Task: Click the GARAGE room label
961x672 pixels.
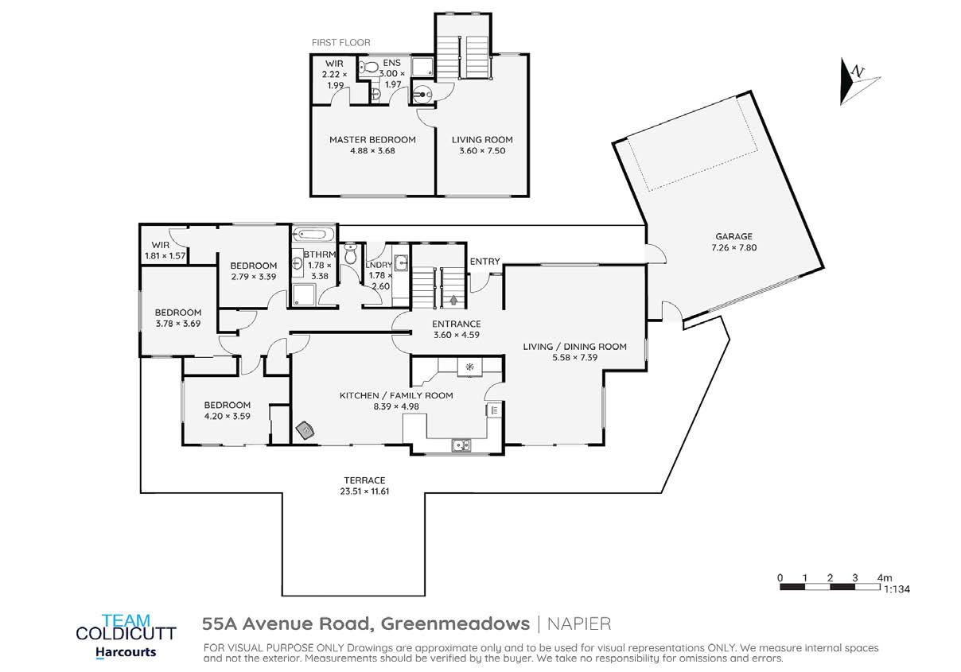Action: [733, 236]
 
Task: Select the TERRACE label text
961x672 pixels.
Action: [364, 480]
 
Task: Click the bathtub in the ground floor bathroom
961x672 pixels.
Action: [313, 234]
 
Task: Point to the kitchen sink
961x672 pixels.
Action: [461, 445]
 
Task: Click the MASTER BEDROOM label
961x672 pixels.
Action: [372, 140]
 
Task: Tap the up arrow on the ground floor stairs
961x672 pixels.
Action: [453, 300]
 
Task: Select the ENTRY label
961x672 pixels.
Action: [484, 261]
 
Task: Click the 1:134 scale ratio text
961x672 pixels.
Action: [897, 589]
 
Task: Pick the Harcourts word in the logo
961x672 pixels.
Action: [126, 652]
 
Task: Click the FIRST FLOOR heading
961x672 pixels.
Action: [340, 42]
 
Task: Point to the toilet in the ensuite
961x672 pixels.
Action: [368, 67]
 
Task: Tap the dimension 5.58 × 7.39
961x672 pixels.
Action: [574, 358]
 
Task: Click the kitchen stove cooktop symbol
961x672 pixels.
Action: [470, 367]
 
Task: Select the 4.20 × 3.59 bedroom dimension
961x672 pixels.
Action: [227, 416]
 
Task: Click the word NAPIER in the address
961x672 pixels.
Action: [579, 624]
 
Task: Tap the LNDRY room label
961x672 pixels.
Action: [379, 265]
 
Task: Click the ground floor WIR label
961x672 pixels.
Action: [161, 245]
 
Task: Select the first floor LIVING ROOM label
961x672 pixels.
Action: [482, 140]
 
